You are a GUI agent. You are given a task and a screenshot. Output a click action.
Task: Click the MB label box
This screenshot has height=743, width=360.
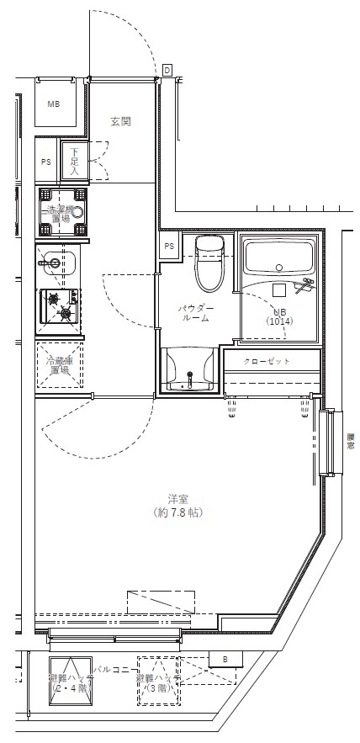point(54,105)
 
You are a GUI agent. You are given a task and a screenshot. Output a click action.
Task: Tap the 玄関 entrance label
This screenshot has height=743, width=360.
point(120,121)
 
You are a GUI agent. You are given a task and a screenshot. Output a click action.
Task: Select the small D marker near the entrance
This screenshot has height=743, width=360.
point(167,70)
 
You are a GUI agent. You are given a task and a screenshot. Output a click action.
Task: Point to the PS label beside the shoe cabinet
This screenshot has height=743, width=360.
point(45,162)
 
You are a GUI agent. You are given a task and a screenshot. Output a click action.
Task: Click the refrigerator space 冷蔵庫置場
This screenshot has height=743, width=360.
point(59,364)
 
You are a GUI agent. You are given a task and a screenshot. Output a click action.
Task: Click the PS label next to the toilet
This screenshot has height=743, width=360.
point(169,246)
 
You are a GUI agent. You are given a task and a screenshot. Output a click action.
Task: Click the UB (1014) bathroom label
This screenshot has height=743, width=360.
point(278,316)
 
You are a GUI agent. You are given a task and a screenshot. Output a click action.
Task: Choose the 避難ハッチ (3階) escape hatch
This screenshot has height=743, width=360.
point(159,681)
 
